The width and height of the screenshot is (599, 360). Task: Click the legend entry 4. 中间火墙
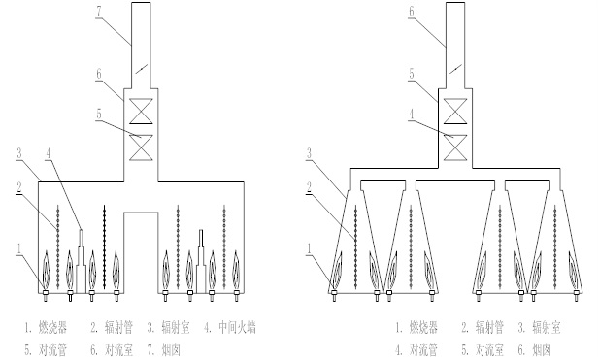[x=228, y=327]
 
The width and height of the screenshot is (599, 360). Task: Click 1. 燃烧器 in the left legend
[x=46, y=327]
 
